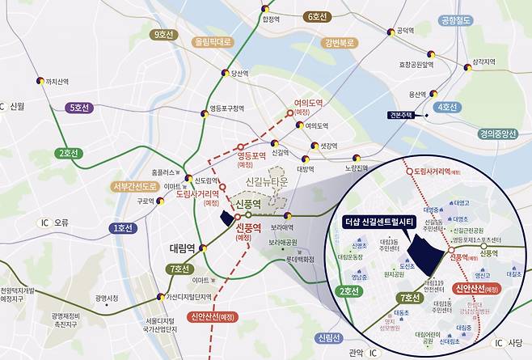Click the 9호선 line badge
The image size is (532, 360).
pyautogui.click(x=164, y=35)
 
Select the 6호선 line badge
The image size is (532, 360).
pyautogui.click(x=318, y=16)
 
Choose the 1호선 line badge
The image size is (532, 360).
pyautogui.click(x=124, y=229)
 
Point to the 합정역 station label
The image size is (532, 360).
pyautogui.click(x=271, y=19)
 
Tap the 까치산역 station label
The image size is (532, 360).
pyautogui.click(x=57, y=81)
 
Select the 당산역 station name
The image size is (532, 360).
pyautogui.click(x=240, y=74)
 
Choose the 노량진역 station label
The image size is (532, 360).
pyautogui.click(x=356, y=168)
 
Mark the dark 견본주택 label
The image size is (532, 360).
pyautogui.click(x=401, y=116)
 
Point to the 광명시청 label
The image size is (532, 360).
pyautogui.click(x=107, y=298)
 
